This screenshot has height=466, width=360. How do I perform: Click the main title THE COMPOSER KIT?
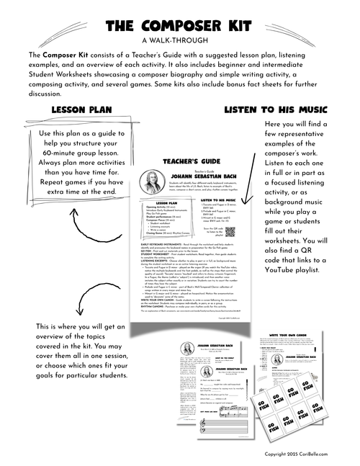coord(179,26)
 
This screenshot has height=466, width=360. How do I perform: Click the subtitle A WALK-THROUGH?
coord(179,40)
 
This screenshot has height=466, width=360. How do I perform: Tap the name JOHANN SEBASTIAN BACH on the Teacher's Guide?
coord(208,174)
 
